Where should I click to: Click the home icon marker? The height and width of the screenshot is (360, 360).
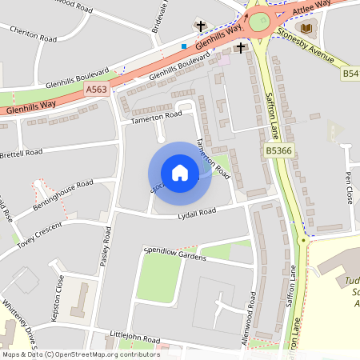click(x=180, y=173)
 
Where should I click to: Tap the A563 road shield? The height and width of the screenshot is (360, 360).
click(x=96, y=90)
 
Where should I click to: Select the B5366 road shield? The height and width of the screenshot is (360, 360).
click(x=278, y=150)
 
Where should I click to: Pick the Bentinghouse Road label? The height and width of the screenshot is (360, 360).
click(x=63, y=195)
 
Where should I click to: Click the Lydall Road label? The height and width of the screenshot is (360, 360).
click(x=197, y=212)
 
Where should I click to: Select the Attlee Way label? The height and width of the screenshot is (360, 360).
click(x=310, y=6)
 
